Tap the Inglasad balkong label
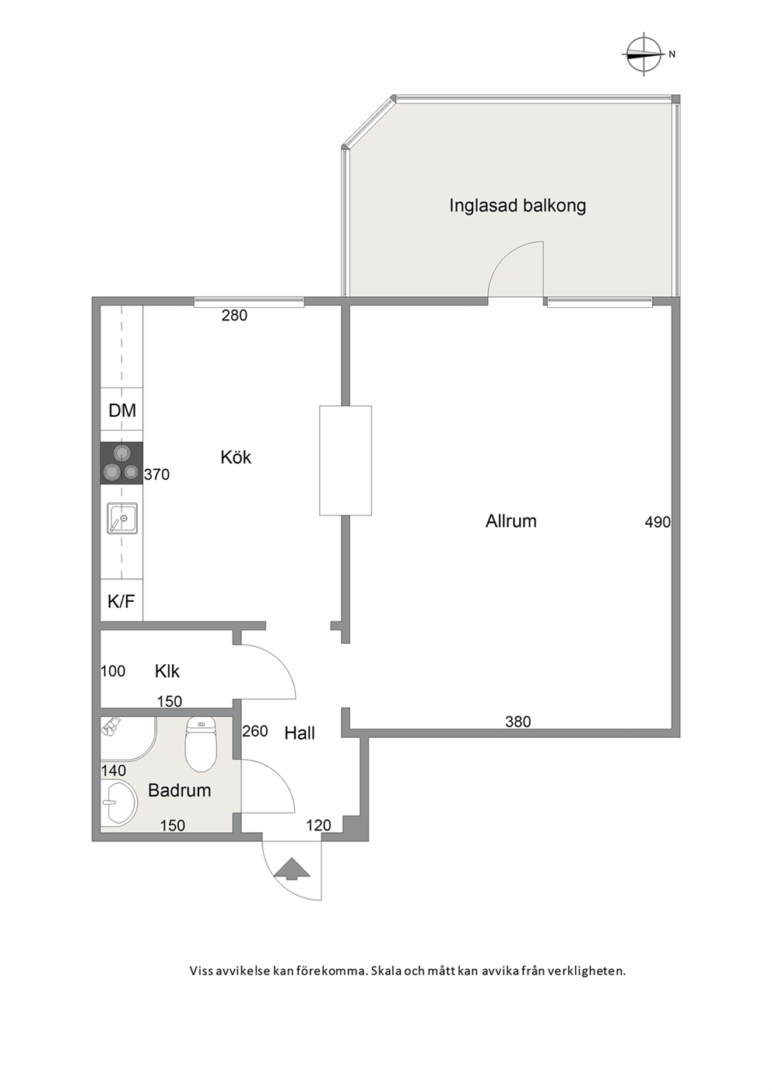(517, 205)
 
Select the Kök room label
(235, 457)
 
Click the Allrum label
(511, 521)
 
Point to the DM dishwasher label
(122, 411)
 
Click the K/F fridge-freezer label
(121, 602)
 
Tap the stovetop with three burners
(121, 463)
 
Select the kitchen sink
(122, 518)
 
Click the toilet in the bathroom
(200, 745)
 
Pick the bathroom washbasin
(118, 803)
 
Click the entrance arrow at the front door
(292, 869)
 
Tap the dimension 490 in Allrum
(658, 522)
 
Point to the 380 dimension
(518, 722)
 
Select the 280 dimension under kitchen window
(234, 316)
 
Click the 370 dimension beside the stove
(156, 474)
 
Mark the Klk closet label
(167, 671)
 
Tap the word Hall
(300, 733)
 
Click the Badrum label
(179, 790)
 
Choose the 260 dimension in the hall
(255, 731)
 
